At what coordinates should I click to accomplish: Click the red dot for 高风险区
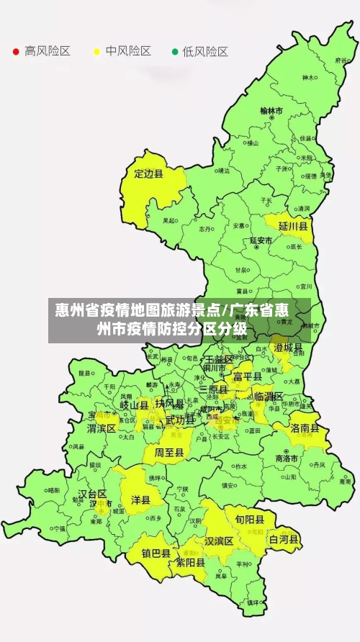[x=15, y=52]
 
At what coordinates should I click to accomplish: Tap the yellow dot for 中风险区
[x=96, y=52]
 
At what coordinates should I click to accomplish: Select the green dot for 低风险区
[x=174, y=52]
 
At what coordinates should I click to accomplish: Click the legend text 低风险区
[x=204, y=52]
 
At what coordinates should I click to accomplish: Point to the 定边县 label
[x=149, y=173]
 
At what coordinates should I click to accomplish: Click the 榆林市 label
[x=271, y=111]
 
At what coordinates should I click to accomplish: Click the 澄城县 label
[x=288, y=348]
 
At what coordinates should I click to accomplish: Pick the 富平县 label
[x=247, y=376]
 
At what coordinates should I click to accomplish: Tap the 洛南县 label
[x=305, y=428]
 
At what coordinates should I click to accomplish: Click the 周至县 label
[x=169, y=452]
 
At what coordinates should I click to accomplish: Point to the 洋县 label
[x=140, y=499]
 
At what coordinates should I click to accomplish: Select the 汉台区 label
[x=92, y=494]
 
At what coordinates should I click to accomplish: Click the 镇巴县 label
[x=156, y=553]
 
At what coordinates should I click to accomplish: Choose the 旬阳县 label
[x=244, y=517]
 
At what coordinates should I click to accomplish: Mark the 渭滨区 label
[x=102, y=428]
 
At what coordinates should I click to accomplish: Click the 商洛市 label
[x=287, y=458]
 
